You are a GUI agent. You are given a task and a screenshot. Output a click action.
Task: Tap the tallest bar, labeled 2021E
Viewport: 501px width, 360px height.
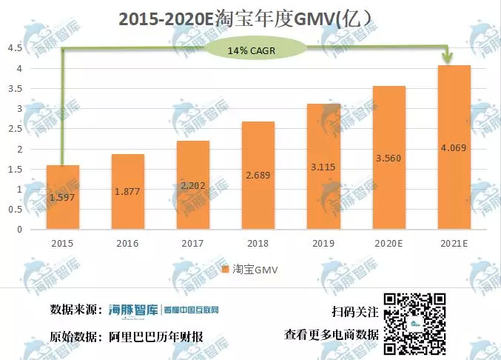(x=454, y=147)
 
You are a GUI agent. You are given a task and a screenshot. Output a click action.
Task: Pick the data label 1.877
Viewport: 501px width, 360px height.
(x=128, y=192)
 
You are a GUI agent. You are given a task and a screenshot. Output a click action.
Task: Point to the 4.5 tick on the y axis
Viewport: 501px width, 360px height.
(x=15, y=49)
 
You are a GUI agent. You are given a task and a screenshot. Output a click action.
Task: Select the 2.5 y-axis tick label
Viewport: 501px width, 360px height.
(x=15, y=129)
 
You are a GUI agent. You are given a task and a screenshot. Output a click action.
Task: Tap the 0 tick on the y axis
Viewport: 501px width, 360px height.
(x=19, y=230)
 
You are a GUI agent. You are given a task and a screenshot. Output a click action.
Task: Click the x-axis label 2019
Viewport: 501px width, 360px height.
(x=323, y=242)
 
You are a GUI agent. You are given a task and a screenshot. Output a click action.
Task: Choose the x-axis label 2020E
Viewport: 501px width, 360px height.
(x=389, y=242)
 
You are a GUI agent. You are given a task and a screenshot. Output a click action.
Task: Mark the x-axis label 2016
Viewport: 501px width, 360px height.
(x=128, y=242)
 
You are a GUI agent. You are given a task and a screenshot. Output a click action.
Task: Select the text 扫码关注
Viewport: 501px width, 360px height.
(x=356, y=313)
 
